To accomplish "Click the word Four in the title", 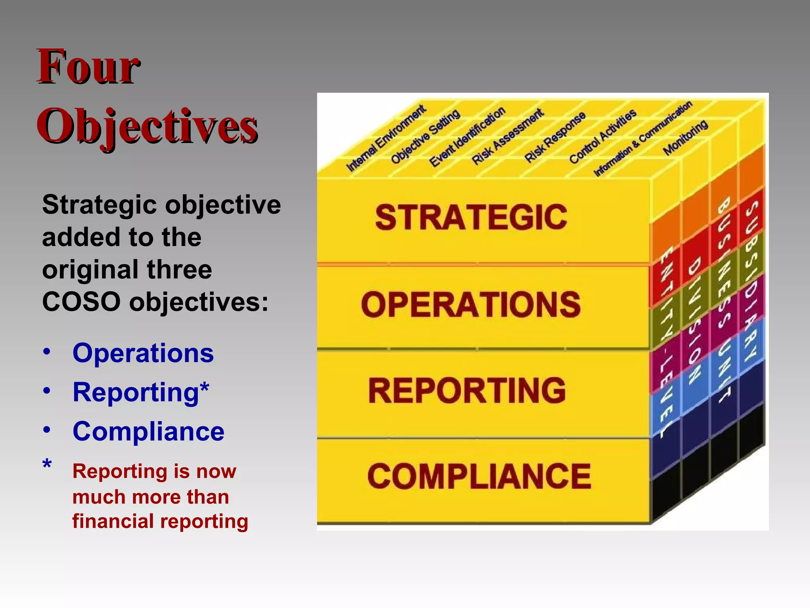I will pos(88,66).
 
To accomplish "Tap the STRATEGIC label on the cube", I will pos(471,217).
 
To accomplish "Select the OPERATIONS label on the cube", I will pos(471,304).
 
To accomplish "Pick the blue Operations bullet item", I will pos(143,353).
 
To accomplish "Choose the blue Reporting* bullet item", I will pos(141,392).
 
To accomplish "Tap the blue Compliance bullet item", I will pos(148,431).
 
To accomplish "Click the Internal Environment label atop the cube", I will pos(386,139).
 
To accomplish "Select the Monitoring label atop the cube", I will pos(685,137).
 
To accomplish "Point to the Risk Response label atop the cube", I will pos(555,137).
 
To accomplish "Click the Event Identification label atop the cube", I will pos(467,137).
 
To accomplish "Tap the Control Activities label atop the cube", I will pos(602,136).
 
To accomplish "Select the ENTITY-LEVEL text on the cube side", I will pos(666,340).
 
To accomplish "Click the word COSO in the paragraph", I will pos(81,302).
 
